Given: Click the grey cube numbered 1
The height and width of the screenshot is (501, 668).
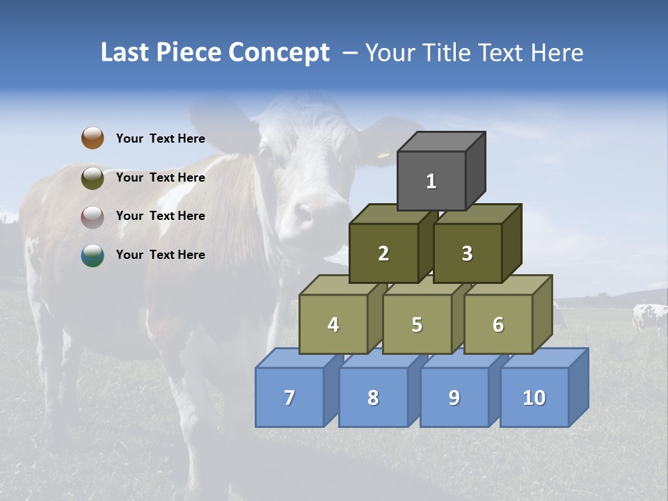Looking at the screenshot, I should [431, 181].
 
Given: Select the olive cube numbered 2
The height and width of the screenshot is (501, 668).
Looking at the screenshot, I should [383, 253].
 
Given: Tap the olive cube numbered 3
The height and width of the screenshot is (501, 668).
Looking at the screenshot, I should [467, 253].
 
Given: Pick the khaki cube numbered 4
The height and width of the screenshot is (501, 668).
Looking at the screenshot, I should [333, 324].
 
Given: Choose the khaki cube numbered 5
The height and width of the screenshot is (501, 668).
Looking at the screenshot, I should [417, 324].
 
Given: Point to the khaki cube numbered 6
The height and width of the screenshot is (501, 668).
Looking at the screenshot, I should [498, 324].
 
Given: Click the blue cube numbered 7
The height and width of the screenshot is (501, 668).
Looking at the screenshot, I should [289, 397].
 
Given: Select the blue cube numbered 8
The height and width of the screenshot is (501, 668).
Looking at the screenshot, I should [373, 397].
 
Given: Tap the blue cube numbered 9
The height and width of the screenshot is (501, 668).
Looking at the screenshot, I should [454, 397].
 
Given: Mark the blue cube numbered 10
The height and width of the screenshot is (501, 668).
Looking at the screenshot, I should [534, 397].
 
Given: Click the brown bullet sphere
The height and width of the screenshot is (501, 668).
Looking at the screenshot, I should [93, 138].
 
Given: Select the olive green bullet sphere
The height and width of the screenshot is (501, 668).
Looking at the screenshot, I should [93, 177].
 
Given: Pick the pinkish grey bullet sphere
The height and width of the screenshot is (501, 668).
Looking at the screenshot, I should [93, 216].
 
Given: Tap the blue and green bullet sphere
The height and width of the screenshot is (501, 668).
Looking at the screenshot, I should [93, 255].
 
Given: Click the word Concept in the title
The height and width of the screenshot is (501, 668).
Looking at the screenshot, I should [279, 53].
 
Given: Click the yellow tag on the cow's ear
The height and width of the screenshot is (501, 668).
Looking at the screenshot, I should [383, 154].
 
